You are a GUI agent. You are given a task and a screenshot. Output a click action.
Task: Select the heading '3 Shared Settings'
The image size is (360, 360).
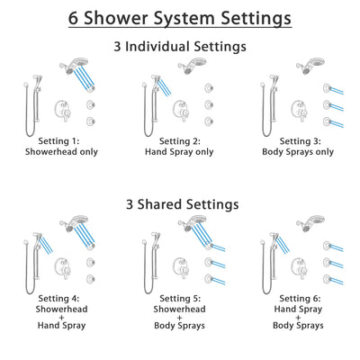[x=180, y=204]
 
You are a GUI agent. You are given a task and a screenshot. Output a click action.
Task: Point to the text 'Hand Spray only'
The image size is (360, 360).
[x=179, y=153]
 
